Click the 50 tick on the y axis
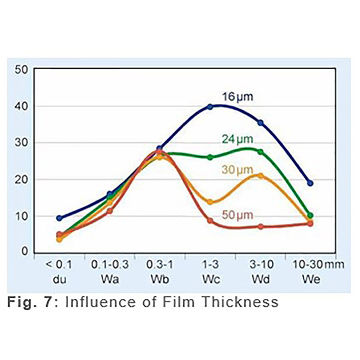tap(22, 70)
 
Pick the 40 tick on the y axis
tap(22, 106)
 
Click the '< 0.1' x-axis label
tap(59, 266)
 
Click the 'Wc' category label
tap(210, 279)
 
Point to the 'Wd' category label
tap(260, 279)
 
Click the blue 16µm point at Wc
tap(210, 107)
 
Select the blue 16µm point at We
tap(310, 183)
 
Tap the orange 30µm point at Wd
tap(260, 176)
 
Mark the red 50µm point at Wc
tap(210, 221)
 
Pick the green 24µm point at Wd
tap(260, 152)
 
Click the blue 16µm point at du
tap(59, 218)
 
